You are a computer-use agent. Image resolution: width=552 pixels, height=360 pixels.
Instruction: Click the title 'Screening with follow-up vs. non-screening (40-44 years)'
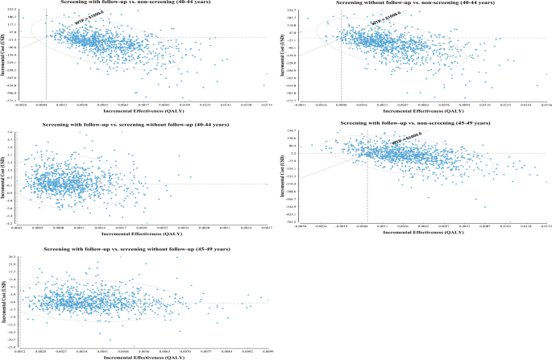[x=142, y=3]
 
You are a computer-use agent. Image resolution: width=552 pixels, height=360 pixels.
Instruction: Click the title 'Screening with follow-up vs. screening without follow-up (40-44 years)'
[x=142, y=125]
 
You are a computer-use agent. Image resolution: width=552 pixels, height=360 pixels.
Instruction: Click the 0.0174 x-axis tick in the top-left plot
[x=265, y=105]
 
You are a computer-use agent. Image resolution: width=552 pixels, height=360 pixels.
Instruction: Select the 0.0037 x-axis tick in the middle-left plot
[x=265, y=228]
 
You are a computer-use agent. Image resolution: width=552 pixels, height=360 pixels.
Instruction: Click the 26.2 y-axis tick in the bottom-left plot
[x=13, y=257]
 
